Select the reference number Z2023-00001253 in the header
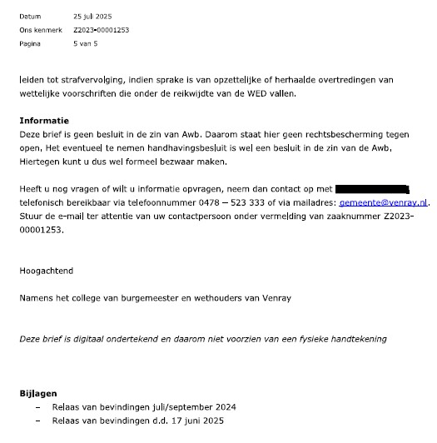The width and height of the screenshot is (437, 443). click(x=102, y=30)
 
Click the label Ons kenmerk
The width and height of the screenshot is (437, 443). click(x=37, y=30)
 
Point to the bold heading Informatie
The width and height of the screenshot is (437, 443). click(x=44, y=121)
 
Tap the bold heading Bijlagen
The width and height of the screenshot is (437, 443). click(x=39, y=392)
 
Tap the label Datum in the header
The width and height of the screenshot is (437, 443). click(x=30, y=16)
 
